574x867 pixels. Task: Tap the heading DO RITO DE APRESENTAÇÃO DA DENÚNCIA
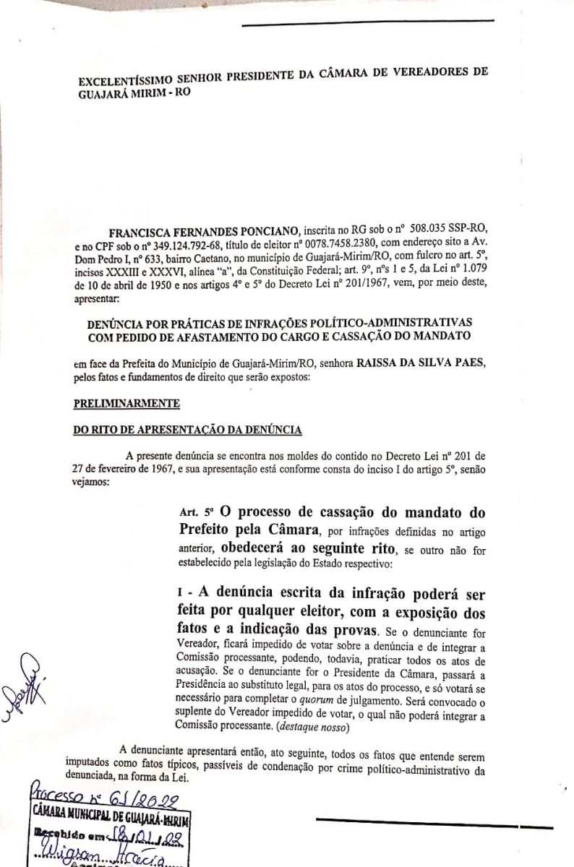(x=187, y=431)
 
